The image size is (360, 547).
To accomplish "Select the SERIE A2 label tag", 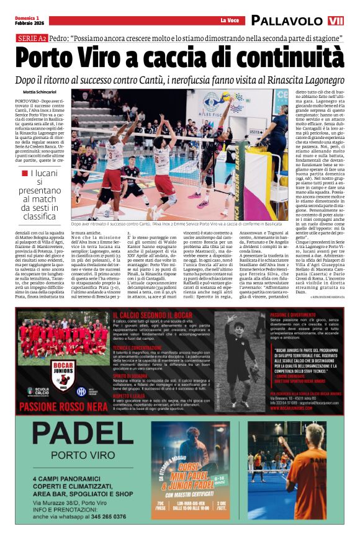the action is [x=31, y=38].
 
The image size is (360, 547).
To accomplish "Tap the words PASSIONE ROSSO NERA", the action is [x=60, y=407].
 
